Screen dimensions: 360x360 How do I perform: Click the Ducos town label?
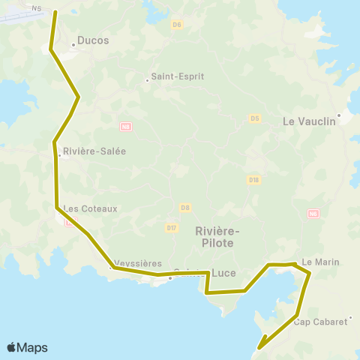(x=94, y=40)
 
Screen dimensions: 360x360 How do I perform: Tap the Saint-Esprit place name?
(x=178, y=76)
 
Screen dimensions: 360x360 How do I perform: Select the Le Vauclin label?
(x=308, y=120)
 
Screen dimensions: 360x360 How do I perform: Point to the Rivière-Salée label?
(x=94, y=151)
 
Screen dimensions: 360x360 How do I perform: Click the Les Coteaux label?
(x=91, y=208)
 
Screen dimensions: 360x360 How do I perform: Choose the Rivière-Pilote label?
(x=214, y=237)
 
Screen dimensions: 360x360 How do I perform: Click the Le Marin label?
(x=321, y=262)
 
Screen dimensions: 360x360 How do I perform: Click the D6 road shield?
(x=177, y=25)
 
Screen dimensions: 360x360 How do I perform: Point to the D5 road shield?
(x=254, y=118)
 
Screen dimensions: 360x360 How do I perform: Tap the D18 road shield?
(x=253, y=179)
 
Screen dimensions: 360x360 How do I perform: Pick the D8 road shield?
(x=184, y=207)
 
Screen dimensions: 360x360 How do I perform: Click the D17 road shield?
(x=172, y=227)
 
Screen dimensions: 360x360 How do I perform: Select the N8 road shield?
(x=125, y=127)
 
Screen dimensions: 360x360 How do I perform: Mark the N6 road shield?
(x=313, y=214)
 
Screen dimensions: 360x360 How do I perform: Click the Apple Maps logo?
(x=27, y=347)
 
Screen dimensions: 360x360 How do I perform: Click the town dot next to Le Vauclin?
(x=339, y=115)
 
